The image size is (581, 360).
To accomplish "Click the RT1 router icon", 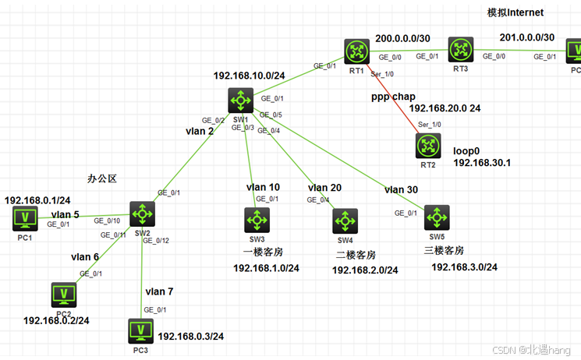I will [357, 52].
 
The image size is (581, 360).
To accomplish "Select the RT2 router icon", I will [428, 145].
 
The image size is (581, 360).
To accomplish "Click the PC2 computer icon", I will [63, 294].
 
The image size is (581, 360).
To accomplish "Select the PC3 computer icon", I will [140, 330].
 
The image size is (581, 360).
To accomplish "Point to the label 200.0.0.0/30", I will [402, 37].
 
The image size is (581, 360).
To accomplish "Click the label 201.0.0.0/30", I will [527, 37].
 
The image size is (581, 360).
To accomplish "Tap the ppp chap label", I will [393, 97].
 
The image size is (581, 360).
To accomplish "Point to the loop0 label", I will [467, 149].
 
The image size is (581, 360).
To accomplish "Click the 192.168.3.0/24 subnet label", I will [465, 267].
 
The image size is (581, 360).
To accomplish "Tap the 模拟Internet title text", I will [515, 12].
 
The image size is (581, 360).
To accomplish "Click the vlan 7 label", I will [160, 291].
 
